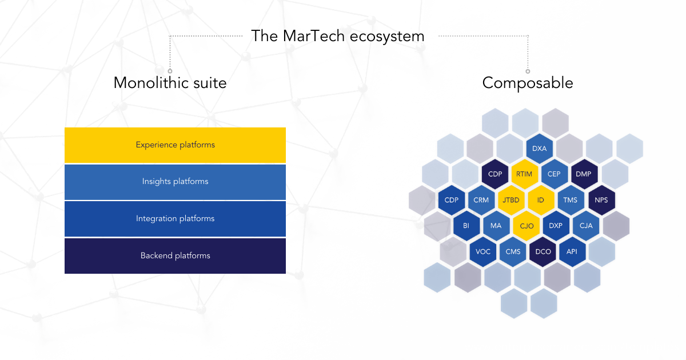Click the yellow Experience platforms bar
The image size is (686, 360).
tap(175, 145)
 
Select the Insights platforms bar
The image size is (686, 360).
tap(175, 182)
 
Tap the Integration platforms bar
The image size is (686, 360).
tap(175, 218)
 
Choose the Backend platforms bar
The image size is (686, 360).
tap(175, 255)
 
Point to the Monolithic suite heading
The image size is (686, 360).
tap(170, 83)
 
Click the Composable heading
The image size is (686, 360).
tap(527, 83)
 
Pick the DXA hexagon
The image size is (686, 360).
tap(540, 149)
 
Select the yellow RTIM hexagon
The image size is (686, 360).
tap(524, 174)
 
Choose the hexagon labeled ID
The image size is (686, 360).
tap(540, 200)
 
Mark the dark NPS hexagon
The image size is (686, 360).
tap(601, 200)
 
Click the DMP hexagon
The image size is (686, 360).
tap(584, 174)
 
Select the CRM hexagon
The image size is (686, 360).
tap(481, 200)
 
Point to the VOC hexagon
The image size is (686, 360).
tap(483, 251)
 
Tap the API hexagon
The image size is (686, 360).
tap(572, 251)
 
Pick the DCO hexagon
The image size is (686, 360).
tap(542, 251)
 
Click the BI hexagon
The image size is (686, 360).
tap(466, 226)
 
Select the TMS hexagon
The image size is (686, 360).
tap(570, 200)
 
